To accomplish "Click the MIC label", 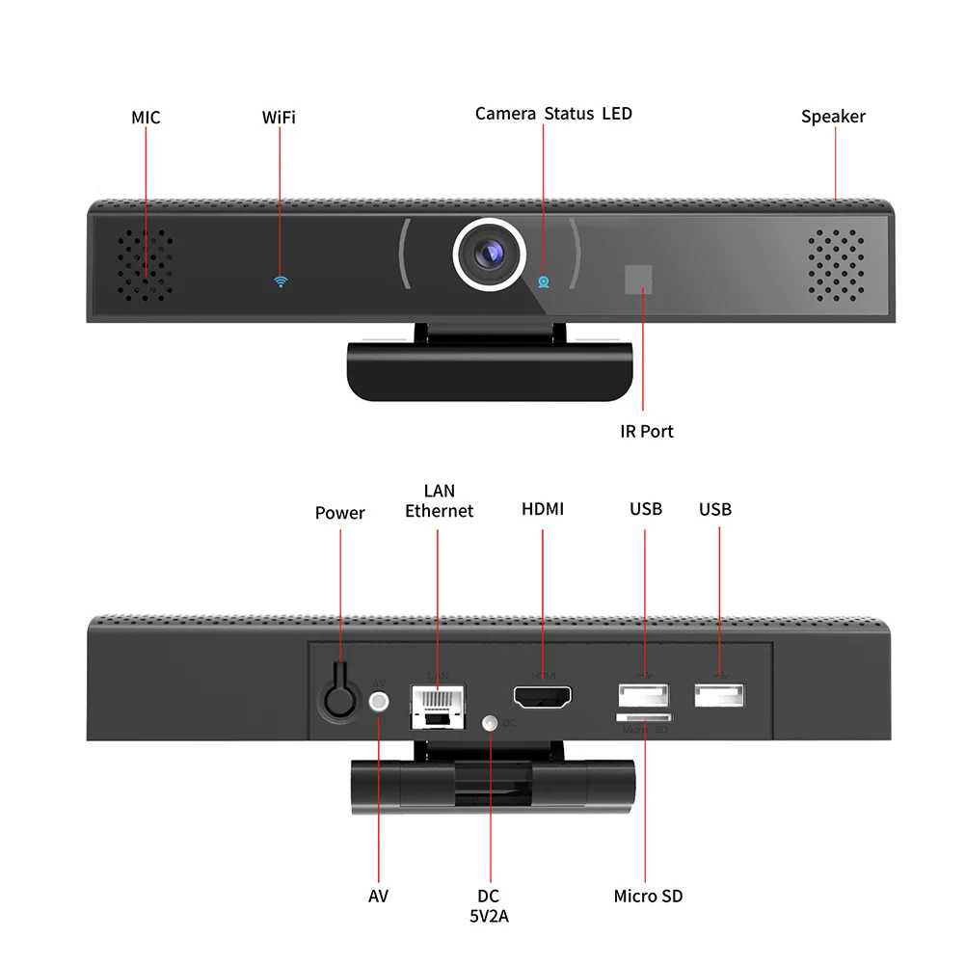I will (x=146, y=118).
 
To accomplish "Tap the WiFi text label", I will (x=279, y=118).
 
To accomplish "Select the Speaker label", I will (x=833, y=117).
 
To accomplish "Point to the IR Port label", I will (x=646, y=431).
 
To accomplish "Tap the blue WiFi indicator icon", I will (x=281, y=281).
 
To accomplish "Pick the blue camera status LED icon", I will (x=544, y=281).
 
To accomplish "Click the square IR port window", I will (x=637, y=280).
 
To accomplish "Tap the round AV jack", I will (x=380, y=702).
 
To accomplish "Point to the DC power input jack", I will (x=491, y=722).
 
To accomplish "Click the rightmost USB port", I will (x=719, y=696).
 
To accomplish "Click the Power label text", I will (x=339, y=513).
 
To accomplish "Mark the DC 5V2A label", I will (x=489, y=906).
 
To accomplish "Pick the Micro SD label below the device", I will (x=648, y=897).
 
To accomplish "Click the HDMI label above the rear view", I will (x=543, y=509).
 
